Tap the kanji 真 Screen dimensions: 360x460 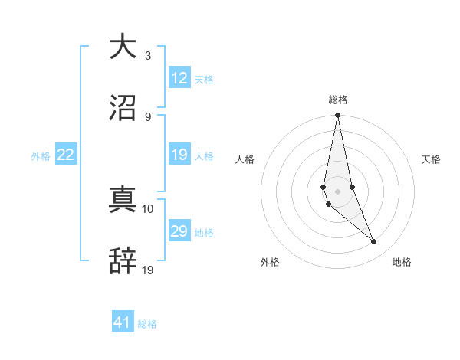tap(123, 199)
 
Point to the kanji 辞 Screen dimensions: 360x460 tap(123, 261)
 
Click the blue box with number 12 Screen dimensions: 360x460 tap(179, 78)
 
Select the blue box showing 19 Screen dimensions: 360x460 tap(179, 155)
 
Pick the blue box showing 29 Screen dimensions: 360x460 tap(179, 231)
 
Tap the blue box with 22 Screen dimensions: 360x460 tap(66, 155)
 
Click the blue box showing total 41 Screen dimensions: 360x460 tap(123, 322)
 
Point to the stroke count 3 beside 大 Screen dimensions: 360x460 tap(148, 55)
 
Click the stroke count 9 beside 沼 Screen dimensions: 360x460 tap(148, 117)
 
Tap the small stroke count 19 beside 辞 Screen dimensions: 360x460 tap(148, 270)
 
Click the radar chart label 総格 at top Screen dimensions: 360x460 tap(337, 100)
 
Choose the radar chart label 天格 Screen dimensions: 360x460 tap(431, 159)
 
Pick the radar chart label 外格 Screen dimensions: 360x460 tap(270, 262)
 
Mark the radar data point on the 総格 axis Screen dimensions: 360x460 tap(337, 116)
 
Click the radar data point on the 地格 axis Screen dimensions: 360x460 tap(374, 242)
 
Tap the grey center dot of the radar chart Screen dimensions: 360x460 tap(337, 191)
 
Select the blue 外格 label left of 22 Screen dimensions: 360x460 tap(41, 155)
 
